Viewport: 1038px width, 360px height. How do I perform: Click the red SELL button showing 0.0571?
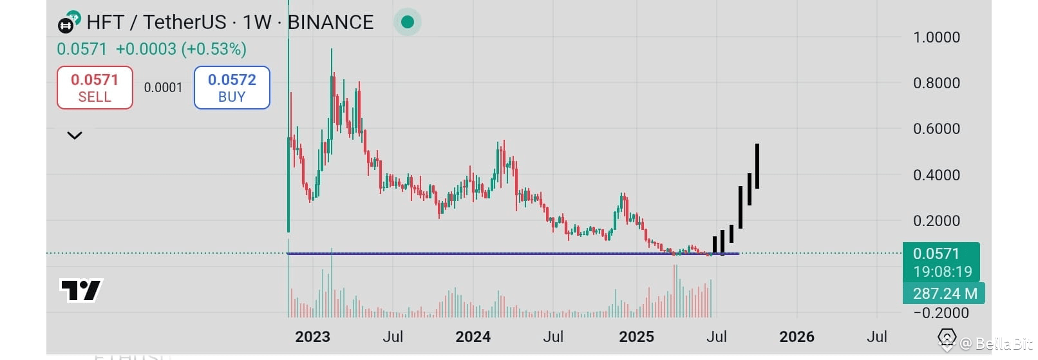click(95, 88)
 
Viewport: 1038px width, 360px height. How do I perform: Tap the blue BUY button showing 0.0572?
click(232, 88)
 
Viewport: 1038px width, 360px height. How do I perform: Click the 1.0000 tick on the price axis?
click(936, 37)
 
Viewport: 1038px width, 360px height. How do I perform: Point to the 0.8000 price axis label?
click(936, 83)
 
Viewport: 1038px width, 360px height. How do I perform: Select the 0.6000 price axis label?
click(936, 129)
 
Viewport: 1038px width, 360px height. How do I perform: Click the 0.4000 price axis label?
click(936, 175)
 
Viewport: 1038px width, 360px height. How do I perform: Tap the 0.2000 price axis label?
click(936, 221)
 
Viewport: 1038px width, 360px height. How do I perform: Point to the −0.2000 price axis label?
click(941, 313)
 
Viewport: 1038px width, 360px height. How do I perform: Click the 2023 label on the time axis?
click(312, 337)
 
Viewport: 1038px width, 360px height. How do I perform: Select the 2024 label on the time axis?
click(473, 337)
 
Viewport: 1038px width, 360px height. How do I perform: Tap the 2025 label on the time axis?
click(636, 337)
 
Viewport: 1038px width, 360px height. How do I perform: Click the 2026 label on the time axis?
click(797, 337)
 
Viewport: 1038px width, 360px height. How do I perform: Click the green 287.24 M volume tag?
click(945, 294)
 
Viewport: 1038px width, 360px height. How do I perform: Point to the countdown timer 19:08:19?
click(942, 272)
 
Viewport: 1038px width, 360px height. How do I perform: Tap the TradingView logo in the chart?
click(81, 290)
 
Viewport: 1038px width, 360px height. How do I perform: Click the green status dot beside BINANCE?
click(407, 22)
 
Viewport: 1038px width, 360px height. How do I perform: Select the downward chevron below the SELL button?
click(75, 135)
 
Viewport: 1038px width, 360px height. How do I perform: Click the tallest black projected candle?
click(757, 166)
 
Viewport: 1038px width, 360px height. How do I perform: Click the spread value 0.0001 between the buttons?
click(163, 88)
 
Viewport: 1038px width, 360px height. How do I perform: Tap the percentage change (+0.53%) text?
click(214, 49)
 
